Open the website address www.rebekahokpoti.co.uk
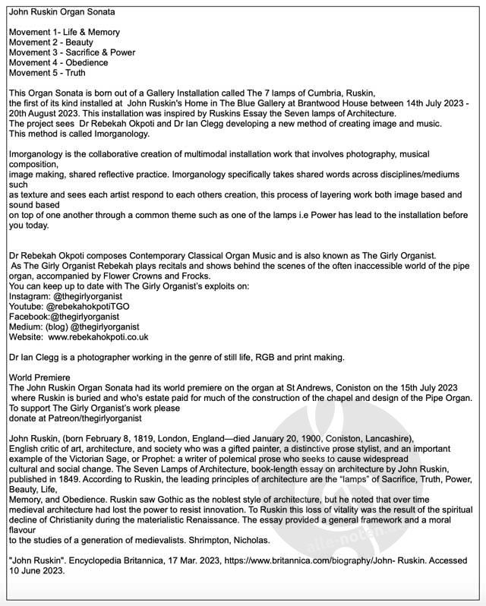pyautogui.click(x=98, y=336)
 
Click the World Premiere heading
pyautogui.click(x=39, y=377)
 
